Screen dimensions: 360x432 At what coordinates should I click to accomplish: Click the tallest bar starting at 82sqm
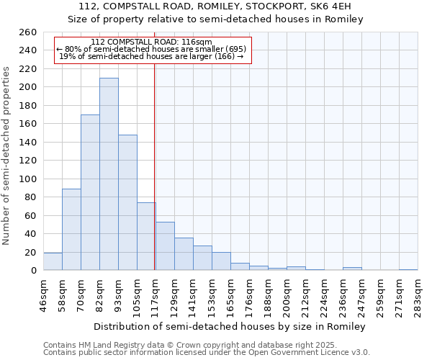click(x=109, y=174)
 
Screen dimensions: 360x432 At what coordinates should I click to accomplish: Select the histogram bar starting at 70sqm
click(x=90, y=192)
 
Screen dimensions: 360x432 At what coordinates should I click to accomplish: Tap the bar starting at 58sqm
click(x=71, y=229)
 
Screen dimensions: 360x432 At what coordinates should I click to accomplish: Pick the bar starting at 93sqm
click(x=127, y=202)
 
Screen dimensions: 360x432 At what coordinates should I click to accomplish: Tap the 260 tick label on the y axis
click(x=28, y=32)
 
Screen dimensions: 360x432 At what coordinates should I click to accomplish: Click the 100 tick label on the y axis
click(x=28, y=179)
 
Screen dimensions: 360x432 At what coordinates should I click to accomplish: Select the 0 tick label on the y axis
click(x=33, y=270)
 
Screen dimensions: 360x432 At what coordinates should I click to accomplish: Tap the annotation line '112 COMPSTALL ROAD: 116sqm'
click(x=152, y=42)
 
